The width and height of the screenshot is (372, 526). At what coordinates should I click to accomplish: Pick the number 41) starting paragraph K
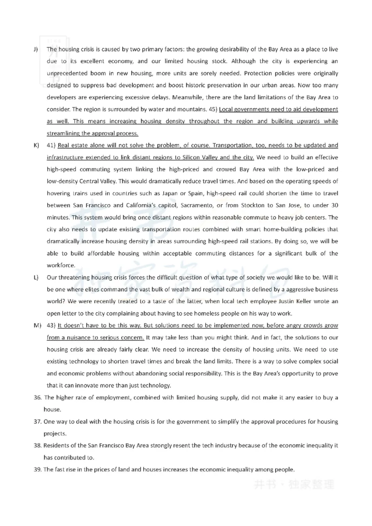tap(52, 146)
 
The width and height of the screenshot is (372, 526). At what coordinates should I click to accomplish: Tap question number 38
tap(37, 445)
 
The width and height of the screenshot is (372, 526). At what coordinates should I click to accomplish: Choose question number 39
tap(37, 469)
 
